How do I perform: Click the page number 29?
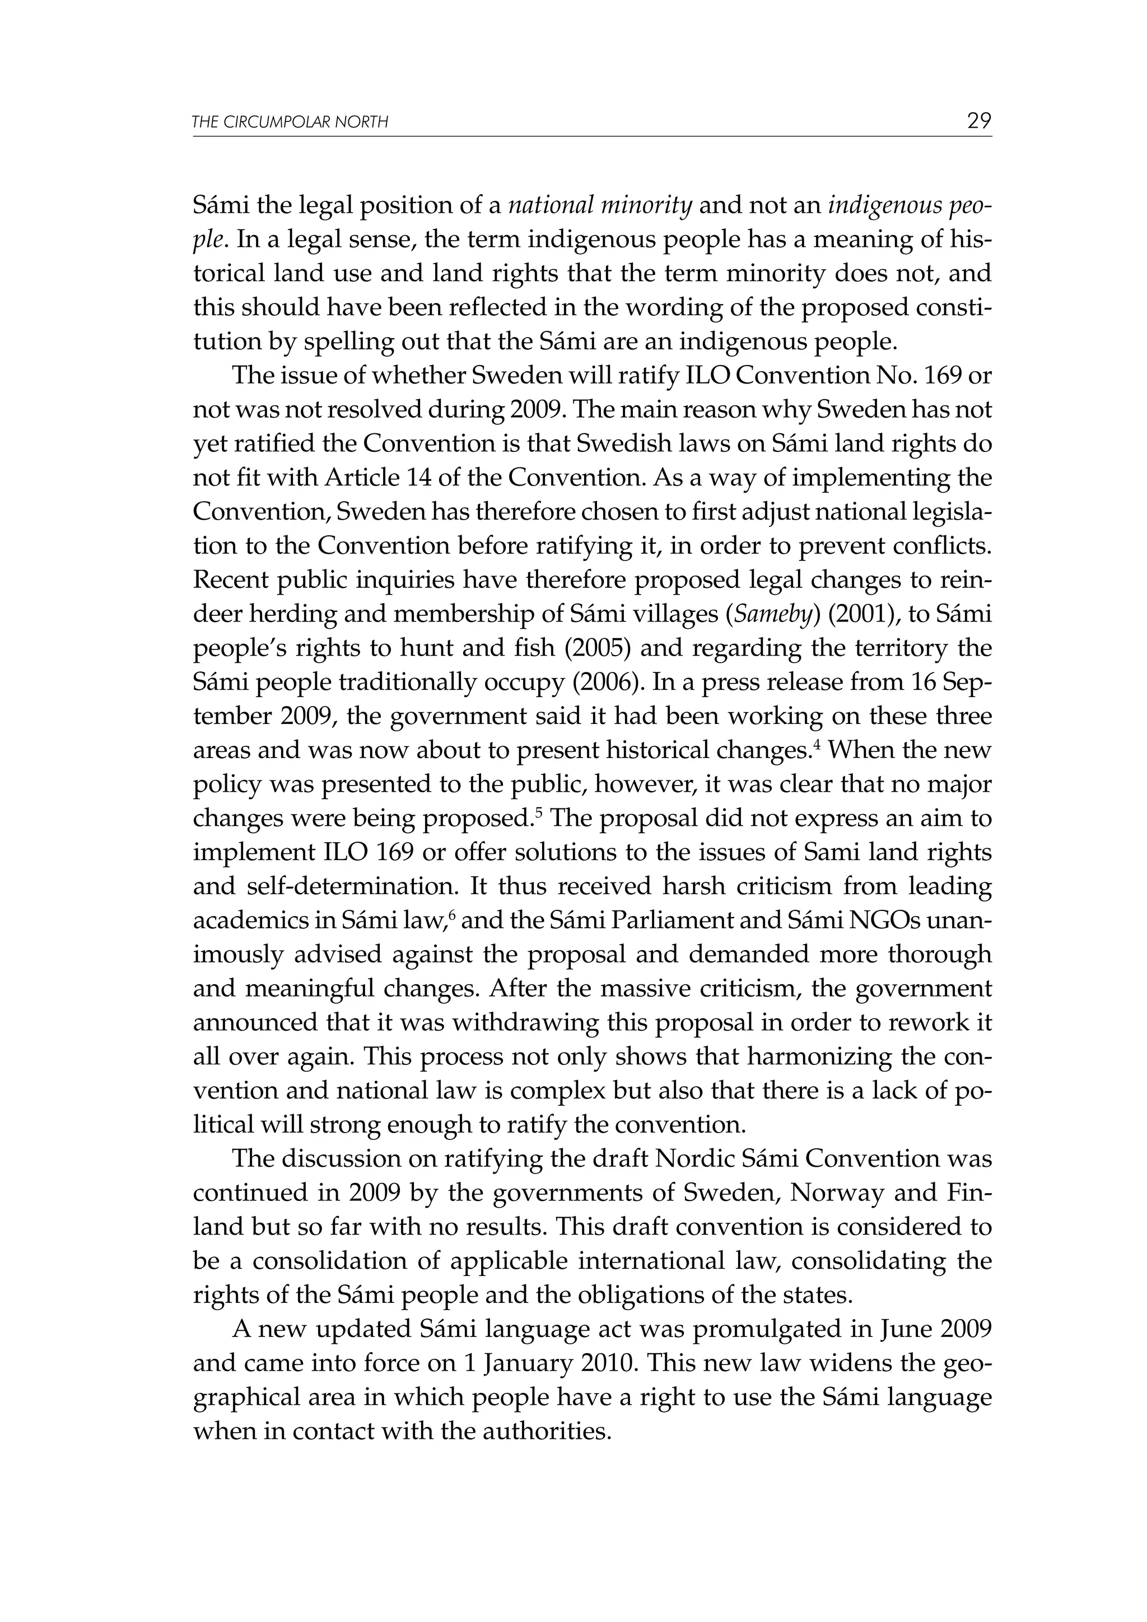(979, 121)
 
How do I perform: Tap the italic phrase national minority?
(600, 205)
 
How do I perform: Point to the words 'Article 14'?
(373, 478)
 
